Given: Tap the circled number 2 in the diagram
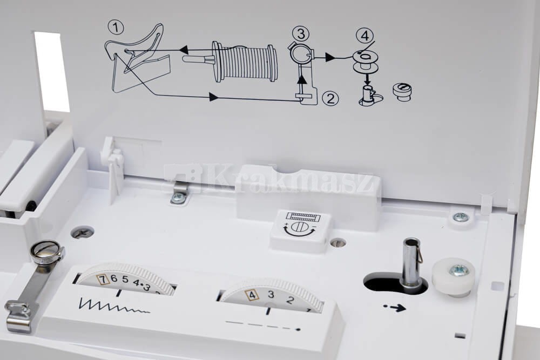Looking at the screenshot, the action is pos(330,98).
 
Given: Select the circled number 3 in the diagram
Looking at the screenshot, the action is pos(301,34).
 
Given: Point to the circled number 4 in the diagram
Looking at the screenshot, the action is pos(366,36).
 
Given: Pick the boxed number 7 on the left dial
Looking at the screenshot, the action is pos(102,279).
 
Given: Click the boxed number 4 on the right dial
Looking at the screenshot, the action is pos(252,295).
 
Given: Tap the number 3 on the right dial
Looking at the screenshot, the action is pos(271,295).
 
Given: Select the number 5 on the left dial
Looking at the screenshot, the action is pos(125,280).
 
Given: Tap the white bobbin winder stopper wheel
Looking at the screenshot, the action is pos(453,276).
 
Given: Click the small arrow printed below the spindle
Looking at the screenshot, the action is pos(395,307).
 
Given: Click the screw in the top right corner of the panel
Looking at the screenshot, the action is pos(461,217).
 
